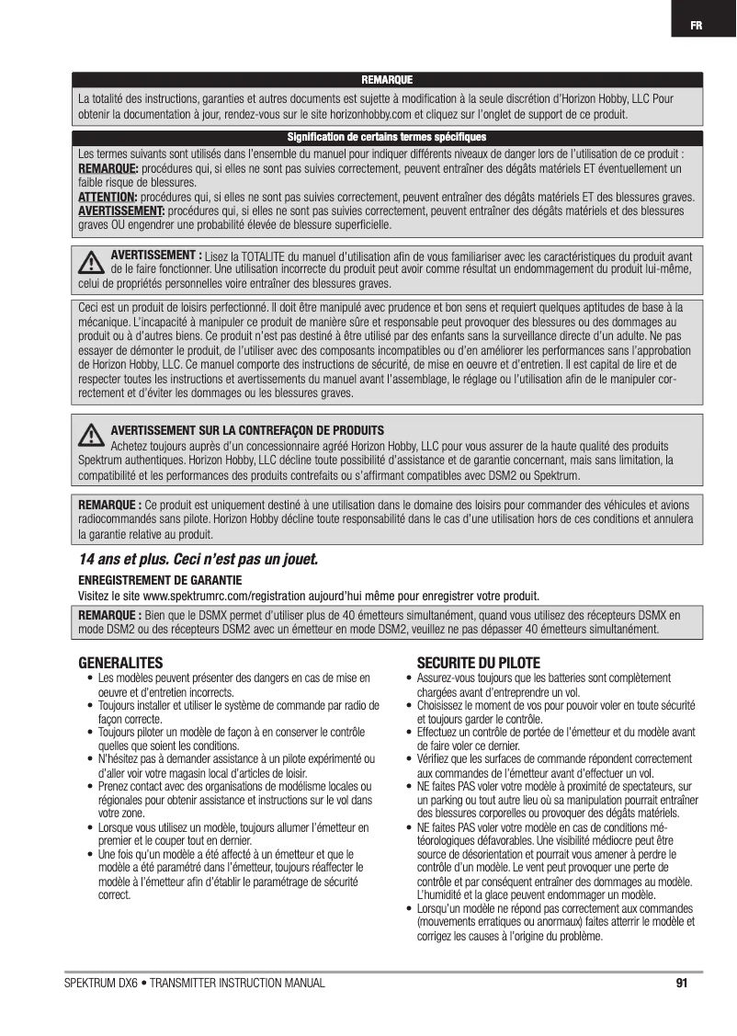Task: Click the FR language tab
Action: tap(698, 24)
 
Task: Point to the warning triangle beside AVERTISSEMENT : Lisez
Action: tap(91, 262)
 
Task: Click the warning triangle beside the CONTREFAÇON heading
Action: tap(91, 434)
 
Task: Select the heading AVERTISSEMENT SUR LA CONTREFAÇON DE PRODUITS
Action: tap(247, 430)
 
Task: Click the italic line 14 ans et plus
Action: tap(198, 559)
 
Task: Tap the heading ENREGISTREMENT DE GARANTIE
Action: tap(161, 580)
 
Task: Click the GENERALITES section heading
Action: tap(120, 662)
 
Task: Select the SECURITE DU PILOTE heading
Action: tap(479, 662)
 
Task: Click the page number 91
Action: tap(681, 984)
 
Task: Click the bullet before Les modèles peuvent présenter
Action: tap(89, 678)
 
